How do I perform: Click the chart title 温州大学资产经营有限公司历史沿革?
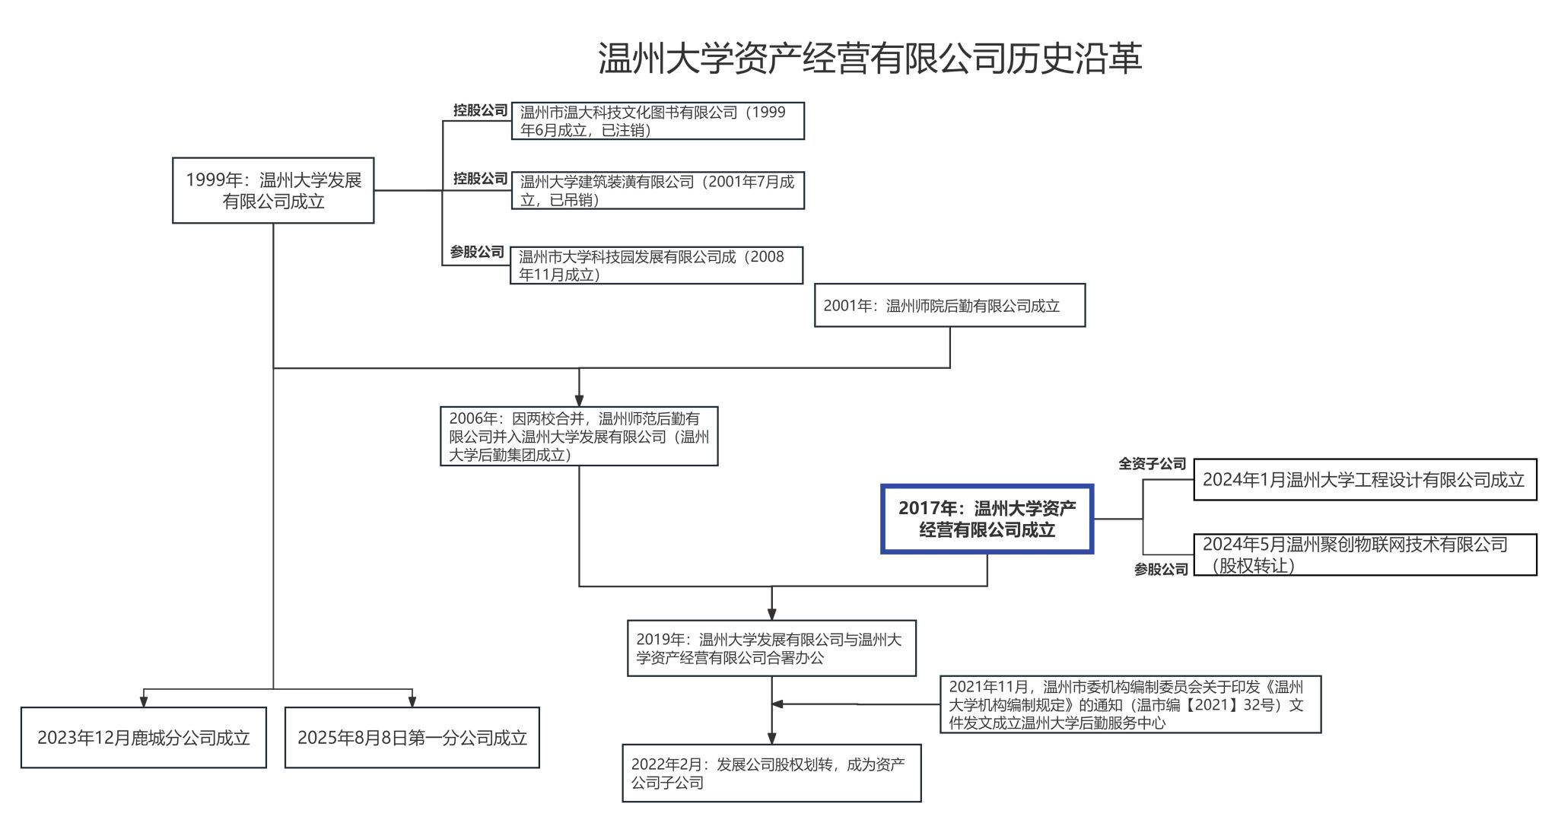(x=870, y=59)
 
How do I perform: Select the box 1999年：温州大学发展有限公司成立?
(x=273, y=190)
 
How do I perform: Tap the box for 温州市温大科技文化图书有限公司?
(x=657, y=121)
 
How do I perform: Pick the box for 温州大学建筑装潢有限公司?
(x=657, y=190)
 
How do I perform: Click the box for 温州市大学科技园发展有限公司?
(x=656, y=265)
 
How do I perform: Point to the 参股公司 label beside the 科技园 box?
(x=477, y=252)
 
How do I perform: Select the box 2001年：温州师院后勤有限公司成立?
(x=949, y=306)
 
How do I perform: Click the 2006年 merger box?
(x=579, y=437)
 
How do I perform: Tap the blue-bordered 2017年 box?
(x=987, y=519)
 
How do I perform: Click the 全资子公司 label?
(x=1152, y=463)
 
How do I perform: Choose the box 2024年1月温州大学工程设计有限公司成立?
(x=1365, y=480)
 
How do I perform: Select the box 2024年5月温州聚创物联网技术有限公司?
(x=1365, y=554)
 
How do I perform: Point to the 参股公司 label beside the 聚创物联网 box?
(x=1161, y=569)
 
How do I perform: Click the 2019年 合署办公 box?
(x=771, y=649)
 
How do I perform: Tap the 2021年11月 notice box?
(x=1130, y=704)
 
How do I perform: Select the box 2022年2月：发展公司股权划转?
(x=771, y=773)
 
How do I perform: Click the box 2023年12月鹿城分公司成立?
(x=144, y=738)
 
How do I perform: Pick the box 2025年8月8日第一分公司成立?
(x=412, y=738)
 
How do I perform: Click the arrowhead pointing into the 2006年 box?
(x=579, y=400)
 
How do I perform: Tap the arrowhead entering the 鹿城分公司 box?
(x=144, y=701)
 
